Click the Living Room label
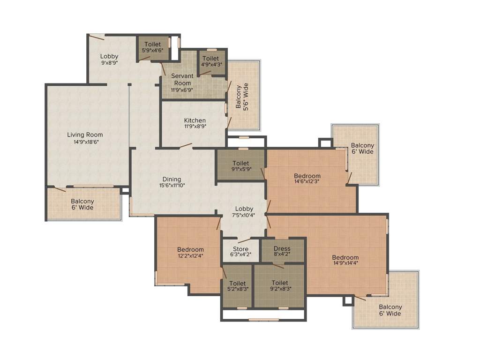tap(85, 135)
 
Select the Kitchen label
tap(195, 120)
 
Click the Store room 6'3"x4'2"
tap(240, 252)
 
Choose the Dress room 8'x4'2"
tap(282, 251)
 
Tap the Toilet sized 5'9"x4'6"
tap(152, 47)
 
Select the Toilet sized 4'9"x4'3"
tap(210, 62)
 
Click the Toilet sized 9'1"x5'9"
tap(240, 166)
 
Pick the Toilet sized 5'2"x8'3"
tap(238, 286)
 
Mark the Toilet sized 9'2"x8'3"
tap(279, 286)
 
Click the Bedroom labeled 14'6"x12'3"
tap(307, 179)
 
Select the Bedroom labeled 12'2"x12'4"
tap(190, 253)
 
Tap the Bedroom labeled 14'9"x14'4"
tap(345, 261)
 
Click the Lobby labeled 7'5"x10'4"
tap(244, 212)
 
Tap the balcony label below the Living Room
tap(82, 204)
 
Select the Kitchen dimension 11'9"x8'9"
tap(195, 126)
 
